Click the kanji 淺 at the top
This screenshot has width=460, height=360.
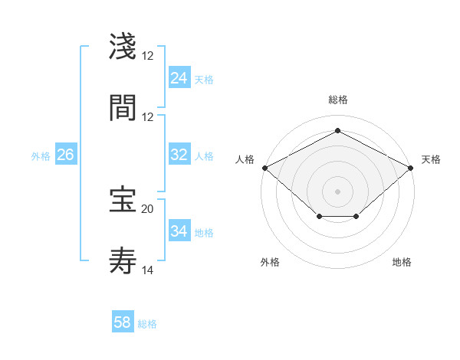pyautogui.click(x=123, y=47)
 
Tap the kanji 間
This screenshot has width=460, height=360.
pyautogui.click(x=123, y=108)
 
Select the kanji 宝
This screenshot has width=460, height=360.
pyautogui.click(x=123, y=200)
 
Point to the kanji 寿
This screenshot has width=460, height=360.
pyautogui.click(x=123, y=261)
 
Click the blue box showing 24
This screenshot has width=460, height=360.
pyautogui.click(x=179, y=78)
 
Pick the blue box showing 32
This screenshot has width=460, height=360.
pyautogui.click(x=179, y=155)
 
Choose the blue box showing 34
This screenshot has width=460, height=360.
pyautogui.click(x=179, y=231)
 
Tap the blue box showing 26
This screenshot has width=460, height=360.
pyautogui.click(x=65, y=155)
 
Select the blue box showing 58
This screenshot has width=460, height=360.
pyautogui.click(x=122, y=322)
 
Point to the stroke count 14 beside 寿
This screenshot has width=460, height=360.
pyautogui.click(x=147, y=270)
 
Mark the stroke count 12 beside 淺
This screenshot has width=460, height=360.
pyautogui.click(x=147, y=55)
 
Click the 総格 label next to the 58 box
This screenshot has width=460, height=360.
pyautogui.click(x=147, y=324)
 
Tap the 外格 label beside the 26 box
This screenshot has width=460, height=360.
pyautogui.click(x=41, y=155)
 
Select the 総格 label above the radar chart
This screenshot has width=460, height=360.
pyautogui.click(x=337, y=100)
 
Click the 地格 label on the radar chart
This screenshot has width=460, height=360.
pyautogui.click(x=402, y=262)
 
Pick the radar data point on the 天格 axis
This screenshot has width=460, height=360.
pyautogui.click(x=411, y=168)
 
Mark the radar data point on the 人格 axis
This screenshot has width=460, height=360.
pyautogui.click(x=264, y=168)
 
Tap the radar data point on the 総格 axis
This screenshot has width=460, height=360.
pyautogui.click(x=337, y=130)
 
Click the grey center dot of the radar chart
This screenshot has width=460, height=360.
pyautogui.click(x=337, y=191)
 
